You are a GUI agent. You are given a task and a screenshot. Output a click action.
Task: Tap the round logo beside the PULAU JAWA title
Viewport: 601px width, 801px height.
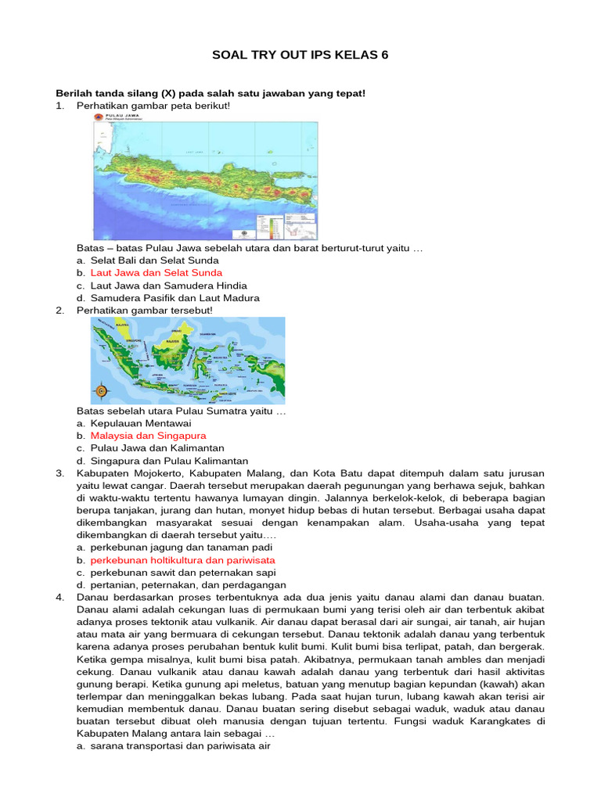coord(99,118)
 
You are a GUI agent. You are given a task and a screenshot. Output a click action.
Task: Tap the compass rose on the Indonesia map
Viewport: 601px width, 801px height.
coord(102,390)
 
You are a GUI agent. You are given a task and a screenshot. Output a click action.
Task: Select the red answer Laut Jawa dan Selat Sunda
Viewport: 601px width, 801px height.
coord(157,273)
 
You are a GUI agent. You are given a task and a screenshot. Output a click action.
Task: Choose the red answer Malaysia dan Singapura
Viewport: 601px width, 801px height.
coord(148,435)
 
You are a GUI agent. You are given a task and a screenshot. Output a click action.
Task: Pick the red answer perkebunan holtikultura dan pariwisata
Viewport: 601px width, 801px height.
coord(182,560)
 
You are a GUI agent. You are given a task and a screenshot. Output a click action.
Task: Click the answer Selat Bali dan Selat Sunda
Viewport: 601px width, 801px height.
coord(155,260)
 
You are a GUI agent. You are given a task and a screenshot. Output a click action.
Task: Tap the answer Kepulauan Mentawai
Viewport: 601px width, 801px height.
coord(141,422)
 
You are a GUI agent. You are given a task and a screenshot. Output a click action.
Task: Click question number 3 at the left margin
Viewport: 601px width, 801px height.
coord(59,473)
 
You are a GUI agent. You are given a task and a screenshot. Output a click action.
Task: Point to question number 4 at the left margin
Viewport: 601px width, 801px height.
coord(59,598)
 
